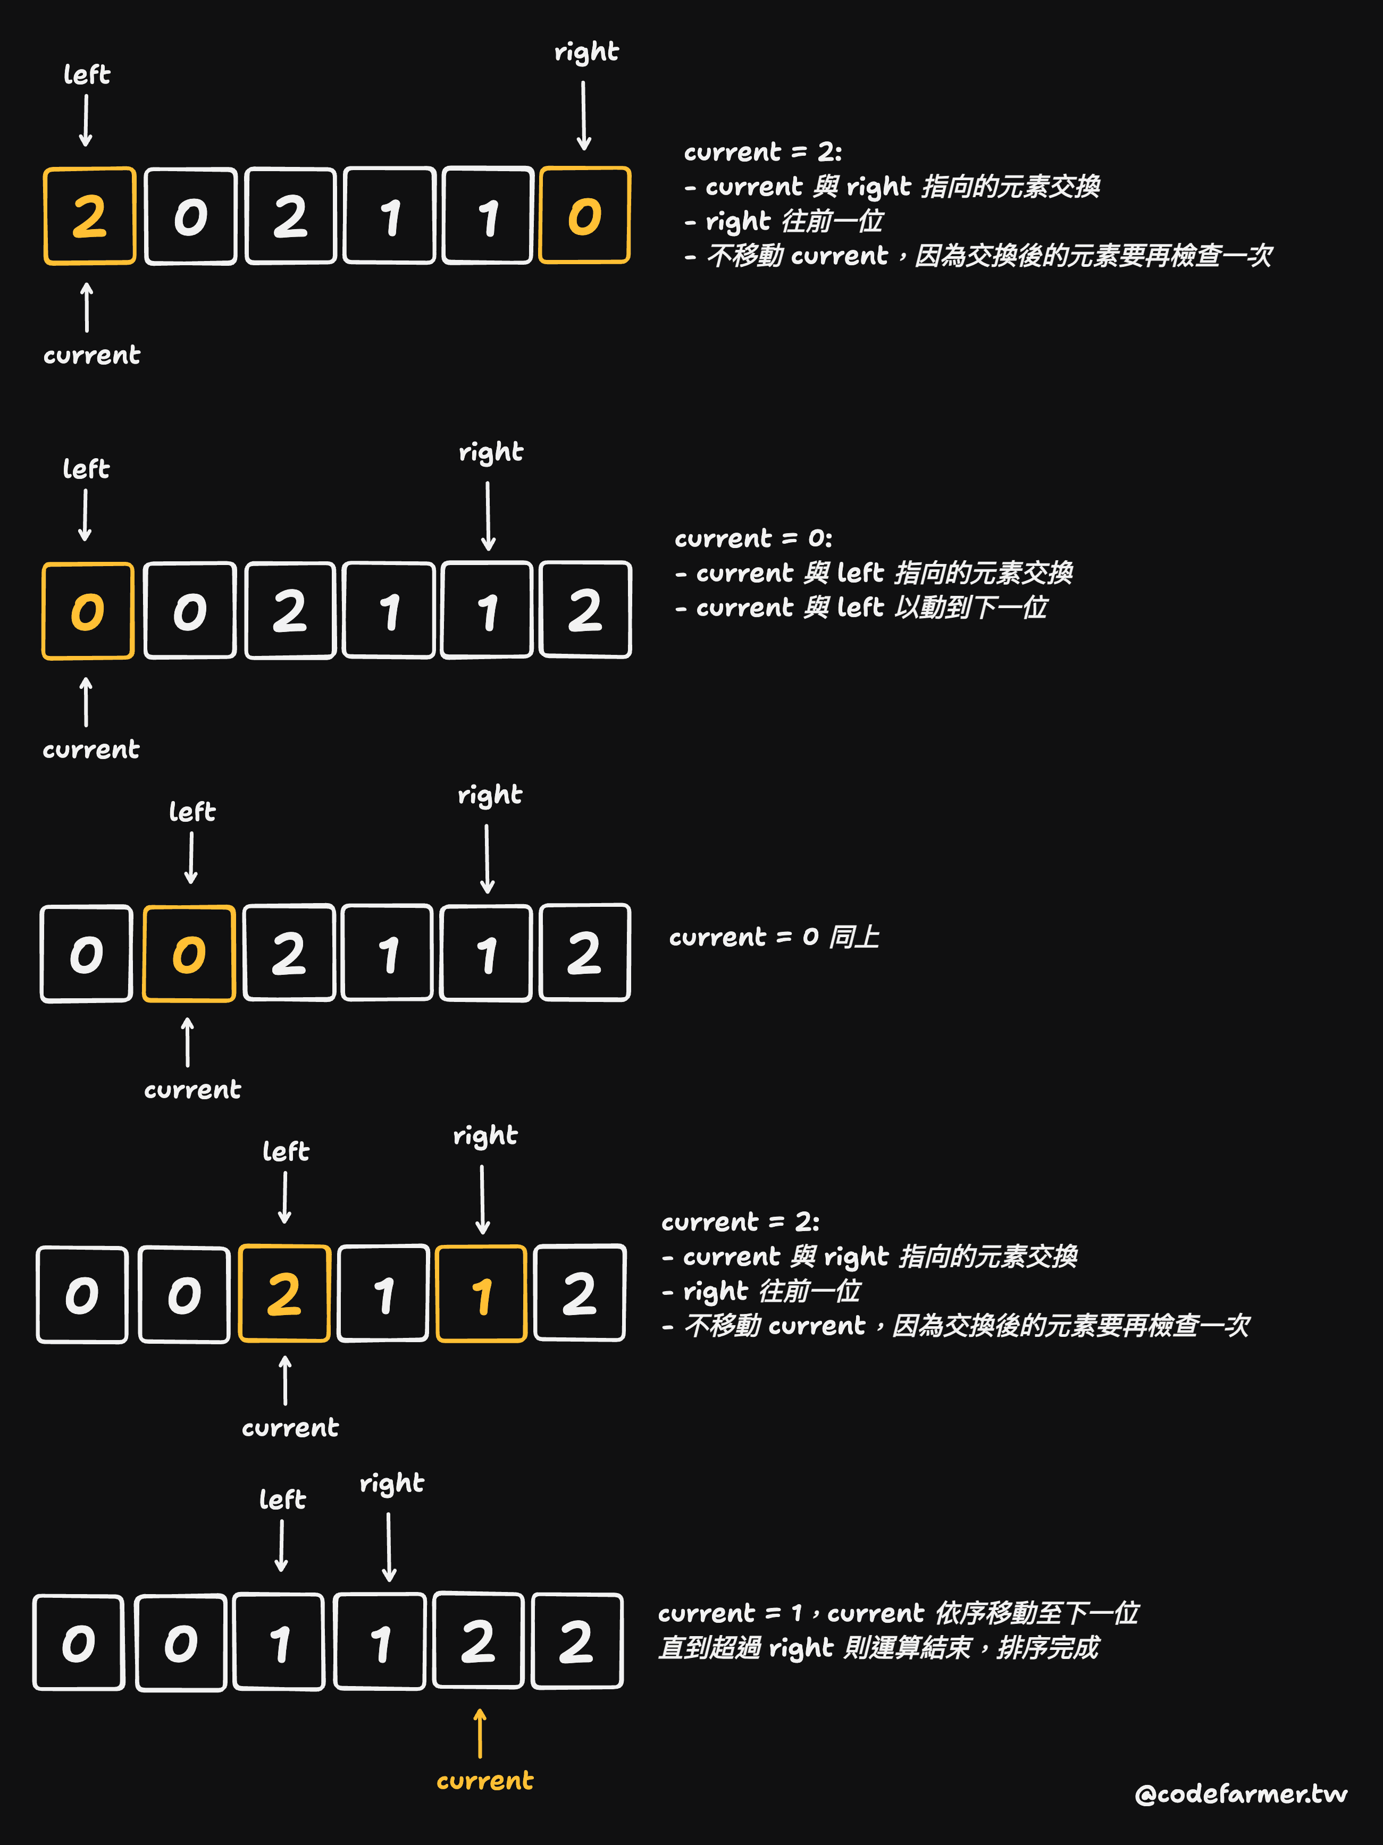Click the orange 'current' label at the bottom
[x=484, y=1780]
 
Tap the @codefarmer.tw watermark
[x=1240, y=1793]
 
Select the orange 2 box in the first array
[x=89, y=216]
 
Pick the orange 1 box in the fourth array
[x=481, y=1294]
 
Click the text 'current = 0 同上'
[x=774, y=937]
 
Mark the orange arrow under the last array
[x=480, y=1732]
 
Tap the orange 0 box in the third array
[x=189, y=954]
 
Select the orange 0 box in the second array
[x=88, y=611]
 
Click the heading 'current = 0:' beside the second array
[x=753, y=538]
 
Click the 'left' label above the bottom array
[x=283, y=1499]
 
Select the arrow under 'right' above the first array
[x=584, y=115]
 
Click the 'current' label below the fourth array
[x=290, y=1427]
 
